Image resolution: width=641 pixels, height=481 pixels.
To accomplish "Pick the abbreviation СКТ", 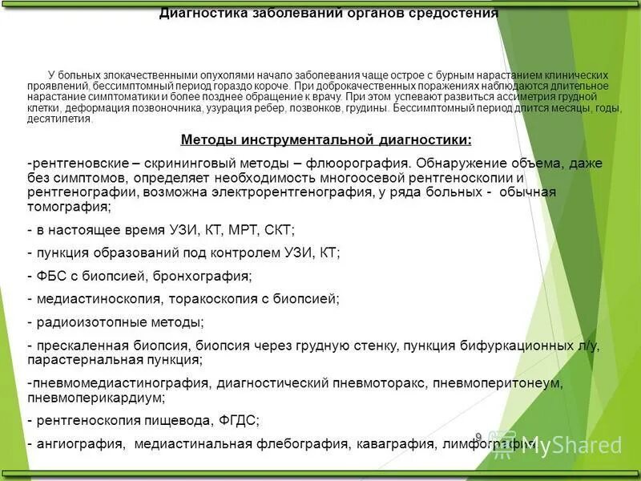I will [x=277, y=230].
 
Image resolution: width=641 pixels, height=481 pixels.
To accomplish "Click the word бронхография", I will [x=207, y=276].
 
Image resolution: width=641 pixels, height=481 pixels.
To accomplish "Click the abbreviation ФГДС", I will [x=237, y=420].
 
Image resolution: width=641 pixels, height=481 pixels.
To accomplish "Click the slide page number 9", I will [x=478, y=437].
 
